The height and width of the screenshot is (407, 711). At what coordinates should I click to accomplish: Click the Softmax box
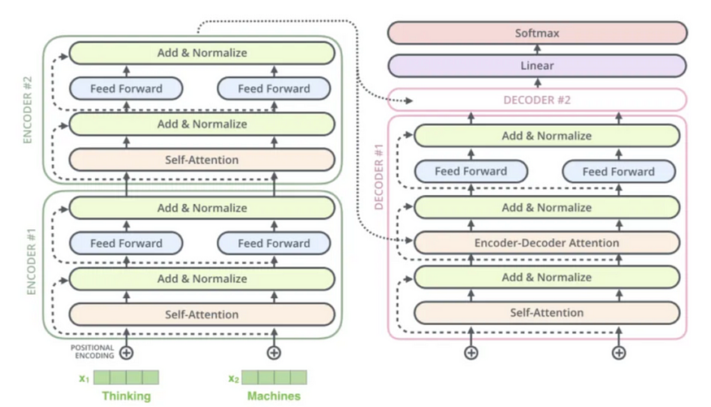coord(537,33)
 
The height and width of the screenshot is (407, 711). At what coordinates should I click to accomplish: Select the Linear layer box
coord(537,66)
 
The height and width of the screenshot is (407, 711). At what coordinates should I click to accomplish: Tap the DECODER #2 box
coord(537,100)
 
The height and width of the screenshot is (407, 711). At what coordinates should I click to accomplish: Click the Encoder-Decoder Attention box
coord(547,242)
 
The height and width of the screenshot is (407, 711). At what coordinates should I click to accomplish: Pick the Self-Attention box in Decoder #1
coord(547,312)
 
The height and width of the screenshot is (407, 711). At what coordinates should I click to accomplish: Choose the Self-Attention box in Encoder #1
coord(202,314)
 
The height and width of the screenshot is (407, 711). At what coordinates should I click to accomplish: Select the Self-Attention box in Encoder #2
coord(202,160)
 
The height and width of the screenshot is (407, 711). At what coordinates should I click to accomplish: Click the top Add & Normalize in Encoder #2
coord(202,53)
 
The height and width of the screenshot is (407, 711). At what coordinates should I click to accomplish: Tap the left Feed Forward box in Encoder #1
coord(126,243)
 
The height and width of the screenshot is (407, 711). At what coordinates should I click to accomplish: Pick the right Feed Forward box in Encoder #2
coord(274,89)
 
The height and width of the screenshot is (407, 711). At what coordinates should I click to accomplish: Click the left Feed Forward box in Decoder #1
coord(470,171)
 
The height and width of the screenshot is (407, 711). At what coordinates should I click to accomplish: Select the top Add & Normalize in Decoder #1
coord(547,136)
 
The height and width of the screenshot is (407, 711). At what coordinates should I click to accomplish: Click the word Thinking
coord(126,396)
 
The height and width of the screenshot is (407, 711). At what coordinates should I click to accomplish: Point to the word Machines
coord(274,396)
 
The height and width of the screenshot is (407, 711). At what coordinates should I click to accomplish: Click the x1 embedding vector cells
coord(126,378)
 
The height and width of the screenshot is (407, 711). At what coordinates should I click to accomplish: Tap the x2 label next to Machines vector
coord(233,378)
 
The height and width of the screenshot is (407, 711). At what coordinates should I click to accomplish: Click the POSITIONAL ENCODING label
coord(92,352)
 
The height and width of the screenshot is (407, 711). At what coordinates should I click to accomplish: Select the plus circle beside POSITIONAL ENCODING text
coord(126,353)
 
